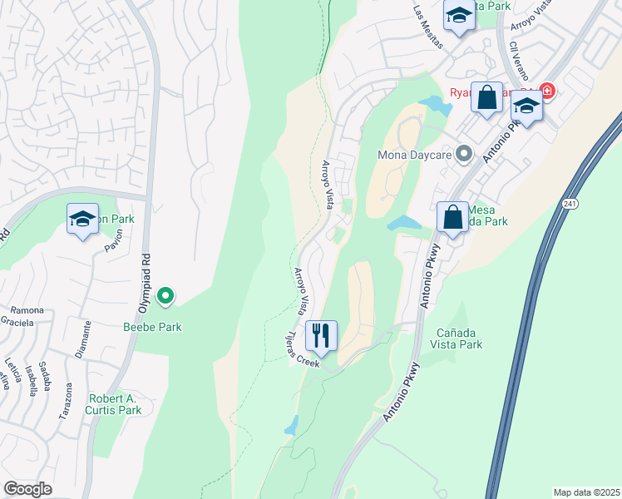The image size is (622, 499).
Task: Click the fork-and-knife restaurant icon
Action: click(321, 335)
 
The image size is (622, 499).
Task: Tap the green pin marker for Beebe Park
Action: click(165, 294)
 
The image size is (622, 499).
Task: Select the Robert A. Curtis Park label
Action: click(113, 403)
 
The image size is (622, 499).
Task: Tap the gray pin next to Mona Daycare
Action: click(465, 154)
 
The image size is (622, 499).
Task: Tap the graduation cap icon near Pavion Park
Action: click(82, 219)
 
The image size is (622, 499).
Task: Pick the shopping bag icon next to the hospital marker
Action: click(486, 97)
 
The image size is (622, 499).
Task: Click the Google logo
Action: click(27, 489)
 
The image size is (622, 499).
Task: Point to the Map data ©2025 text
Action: click(585, 492)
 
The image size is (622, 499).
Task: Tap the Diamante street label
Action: click(81, 340)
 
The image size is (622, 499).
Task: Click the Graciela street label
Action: click(17, 322)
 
